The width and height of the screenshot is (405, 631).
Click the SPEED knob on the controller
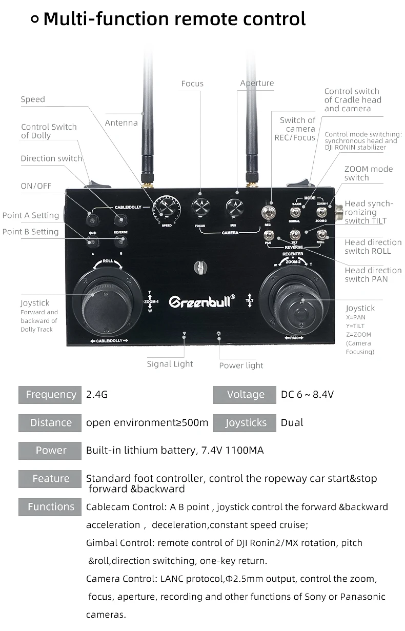click(167, 209)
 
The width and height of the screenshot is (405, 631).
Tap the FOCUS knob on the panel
click(201, 208)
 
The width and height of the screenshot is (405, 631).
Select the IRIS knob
click(235, 208)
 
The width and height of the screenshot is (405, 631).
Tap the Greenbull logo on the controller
click(202, 301)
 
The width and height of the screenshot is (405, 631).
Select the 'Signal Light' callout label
click(170, 364)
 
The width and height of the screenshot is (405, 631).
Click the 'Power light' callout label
click(241, 365)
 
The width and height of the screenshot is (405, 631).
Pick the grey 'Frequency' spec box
click(50, 394)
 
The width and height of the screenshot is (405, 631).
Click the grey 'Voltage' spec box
click(245, 394)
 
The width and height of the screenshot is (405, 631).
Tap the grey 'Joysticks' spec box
click(245, 422)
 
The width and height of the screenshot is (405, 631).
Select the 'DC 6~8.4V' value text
click(308, 394)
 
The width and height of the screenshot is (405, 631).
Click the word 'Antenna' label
click(121, 123)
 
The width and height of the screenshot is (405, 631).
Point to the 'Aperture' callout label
click(257, 83)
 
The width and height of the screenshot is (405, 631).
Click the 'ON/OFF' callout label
click(36, 186)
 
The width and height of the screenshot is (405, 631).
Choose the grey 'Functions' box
click(50, 506)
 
